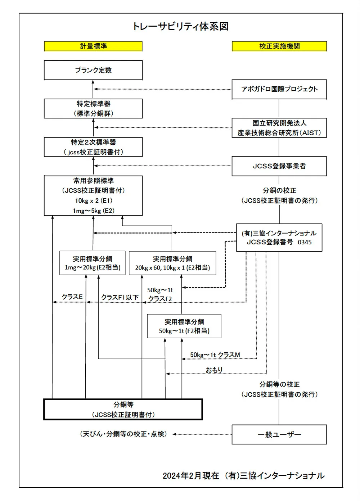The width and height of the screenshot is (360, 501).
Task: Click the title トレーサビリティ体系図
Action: pos(181,27)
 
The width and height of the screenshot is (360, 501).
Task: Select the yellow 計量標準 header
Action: pos(93,46)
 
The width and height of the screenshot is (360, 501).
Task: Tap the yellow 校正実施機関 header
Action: pos(279,46)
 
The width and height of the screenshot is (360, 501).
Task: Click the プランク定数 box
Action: pos(93,70)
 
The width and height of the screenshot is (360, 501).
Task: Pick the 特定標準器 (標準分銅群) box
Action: pos(93,109)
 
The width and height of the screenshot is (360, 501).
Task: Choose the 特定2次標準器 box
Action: pos(93,147)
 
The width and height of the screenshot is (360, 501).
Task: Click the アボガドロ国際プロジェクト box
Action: pos(279,89)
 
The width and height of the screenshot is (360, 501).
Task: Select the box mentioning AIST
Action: pos(279,128)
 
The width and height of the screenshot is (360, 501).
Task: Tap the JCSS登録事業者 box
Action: pos(279,166)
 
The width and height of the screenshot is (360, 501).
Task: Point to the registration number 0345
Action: pos(305,242)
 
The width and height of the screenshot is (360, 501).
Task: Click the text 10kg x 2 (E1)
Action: pos(94,201)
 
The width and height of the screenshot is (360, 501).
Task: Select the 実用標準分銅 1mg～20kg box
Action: pos(93,263)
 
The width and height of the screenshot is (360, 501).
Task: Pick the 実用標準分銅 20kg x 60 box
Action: pos(172,263)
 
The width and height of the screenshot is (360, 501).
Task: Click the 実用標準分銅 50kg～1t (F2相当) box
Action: pos(184,326)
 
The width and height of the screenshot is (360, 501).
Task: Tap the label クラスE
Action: pos(72,297)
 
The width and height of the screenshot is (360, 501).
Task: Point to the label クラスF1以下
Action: pos(120,298)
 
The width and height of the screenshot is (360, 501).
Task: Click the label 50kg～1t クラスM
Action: pos(215,355)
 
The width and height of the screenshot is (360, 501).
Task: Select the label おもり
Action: pos(214,370)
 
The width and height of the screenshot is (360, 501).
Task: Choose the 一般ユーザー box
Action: pos(279,435)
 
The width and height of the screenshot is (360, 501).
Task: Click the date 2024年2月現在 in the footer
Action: pos(191,476)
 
